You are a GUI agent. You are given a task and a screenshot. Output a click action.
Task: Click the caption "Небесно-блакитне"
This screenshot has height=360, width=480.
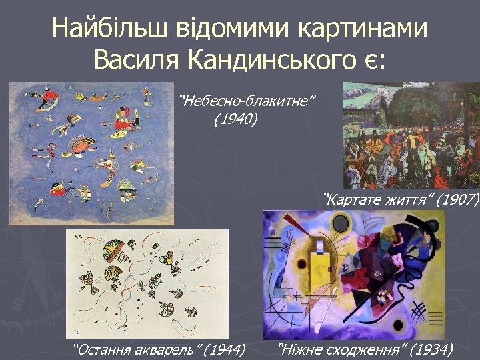click(x=247, y=101)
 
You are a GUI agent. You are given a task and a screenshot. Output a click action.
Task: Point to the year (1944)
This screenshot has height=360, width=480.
click(x=225, y=349)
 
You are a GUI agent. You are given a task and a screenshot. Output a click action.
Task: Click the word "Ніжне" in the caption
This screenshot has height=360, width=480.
click(x=301, y=349)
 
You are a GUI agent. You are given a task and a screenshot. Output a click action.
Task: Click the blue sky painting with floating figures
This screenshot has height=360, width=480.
click(x=91, y=153)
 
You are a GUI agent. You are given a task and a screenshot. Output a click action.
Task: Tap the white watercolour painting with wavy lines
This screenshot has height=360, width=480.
click(x=147, y=283)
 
